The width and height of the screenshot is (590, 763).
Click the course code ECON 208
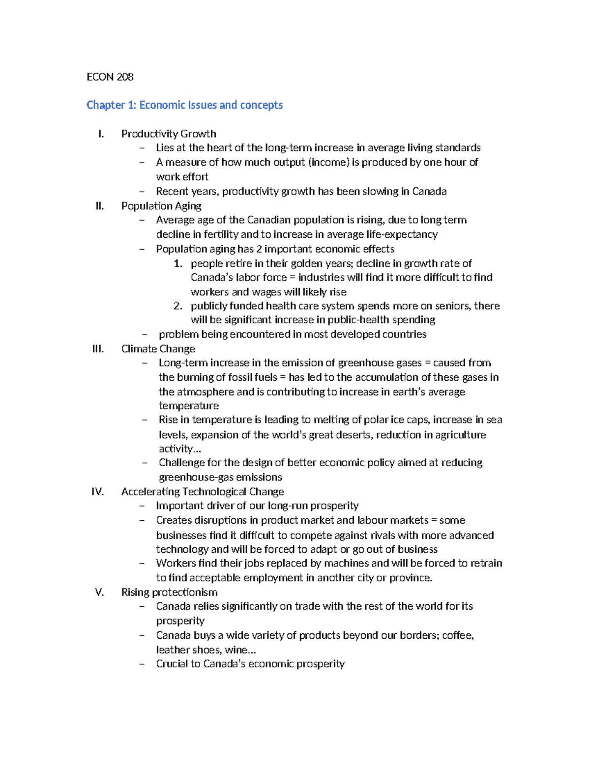110,77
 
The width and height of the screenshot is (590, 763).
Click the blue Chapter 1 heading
184,105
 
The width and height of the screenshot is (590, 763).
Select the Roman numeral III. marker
98,349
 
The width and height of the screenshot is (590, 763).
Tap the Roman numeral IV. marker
97,492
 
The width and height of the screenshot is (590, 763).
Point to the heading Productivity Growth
169,134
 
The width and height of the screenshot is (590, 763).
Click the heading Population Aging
161,206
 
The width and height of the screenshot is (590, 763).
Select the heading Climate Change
158,349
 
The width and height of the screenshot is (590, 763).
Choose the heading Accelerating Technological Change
203,492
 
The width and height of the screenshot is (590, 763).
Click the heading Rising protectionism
169,592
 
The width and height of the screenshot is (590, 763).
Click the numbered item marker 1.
178,264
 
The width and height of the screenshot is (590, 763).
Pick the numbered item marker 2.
178,306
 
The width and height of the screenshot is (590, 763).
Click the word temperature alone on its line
188,406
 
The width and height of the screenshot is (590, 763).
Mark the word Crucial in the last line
172,664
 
